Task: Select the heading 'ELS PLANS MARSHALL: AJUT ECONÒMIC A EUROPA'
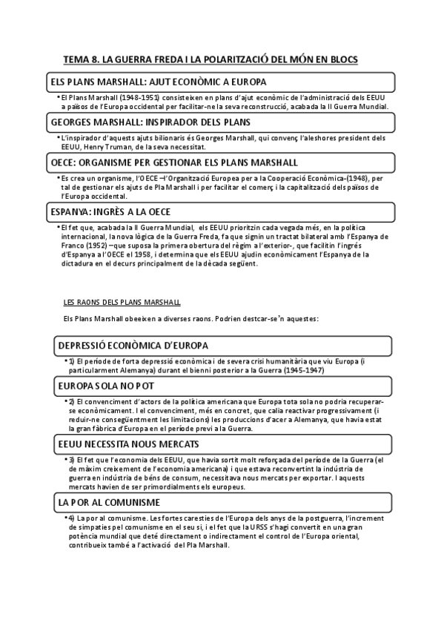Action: point(158,81)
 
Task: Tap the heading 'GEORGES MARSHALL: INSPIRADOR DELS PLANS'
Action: point(150,122)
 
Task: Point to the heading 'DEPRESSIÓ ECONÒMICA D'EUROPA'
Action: point(133,346)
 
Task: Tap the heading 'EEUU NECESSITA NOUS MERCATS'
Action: point(128,444)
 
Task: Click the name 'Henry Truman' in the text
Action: point(108,147)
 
